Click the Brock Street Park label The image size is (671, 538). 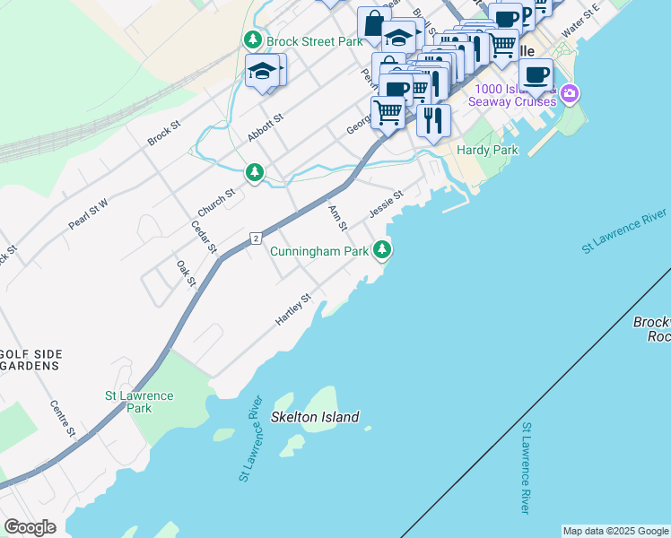click(313, 41)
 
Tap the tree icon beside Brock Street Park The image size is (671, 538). click(253, 40)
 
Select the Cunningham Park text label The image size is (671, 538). click(320, 252)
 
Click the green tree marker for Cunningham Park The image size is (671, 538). click(383, 251)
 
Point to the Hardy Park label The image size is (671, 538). click(487, 151)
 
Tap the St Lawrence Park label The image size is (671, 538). click(139, 402)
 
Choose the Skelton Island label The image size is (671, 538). click(315, 417)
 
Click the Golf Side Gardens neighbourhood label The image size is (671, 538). click(30, 360)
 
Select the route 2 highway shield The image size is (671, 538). click(256, 238)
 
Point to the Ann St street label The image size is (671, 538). click(337, 217)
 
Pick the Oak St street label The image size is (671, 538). click(187, 273)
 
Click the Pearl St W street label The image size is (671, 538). click(88, 214)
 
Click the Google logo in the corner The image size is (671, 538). click(30, 527)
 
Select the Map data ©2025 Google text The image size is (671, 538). click(614, 531)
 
